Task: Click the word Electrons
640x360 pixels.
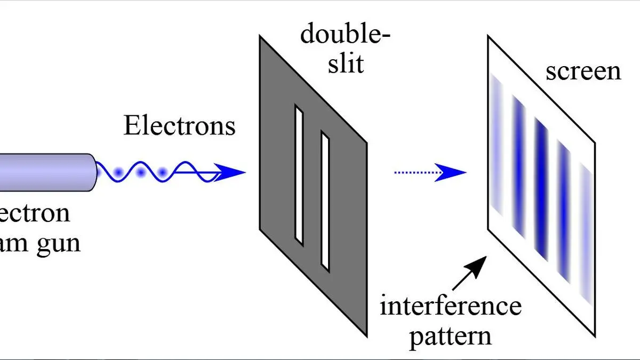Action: [179, 126]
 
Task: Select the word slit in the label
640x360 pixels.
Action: [346, 64]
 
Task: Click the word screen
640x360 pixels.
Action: [583, 71]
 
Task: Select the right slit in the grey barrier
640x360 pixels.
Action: [325, 201]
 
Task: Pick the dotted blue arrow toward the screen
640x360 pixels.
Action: [429, 172]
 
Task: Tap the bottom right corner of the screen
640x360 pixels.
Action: [594, 336]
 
